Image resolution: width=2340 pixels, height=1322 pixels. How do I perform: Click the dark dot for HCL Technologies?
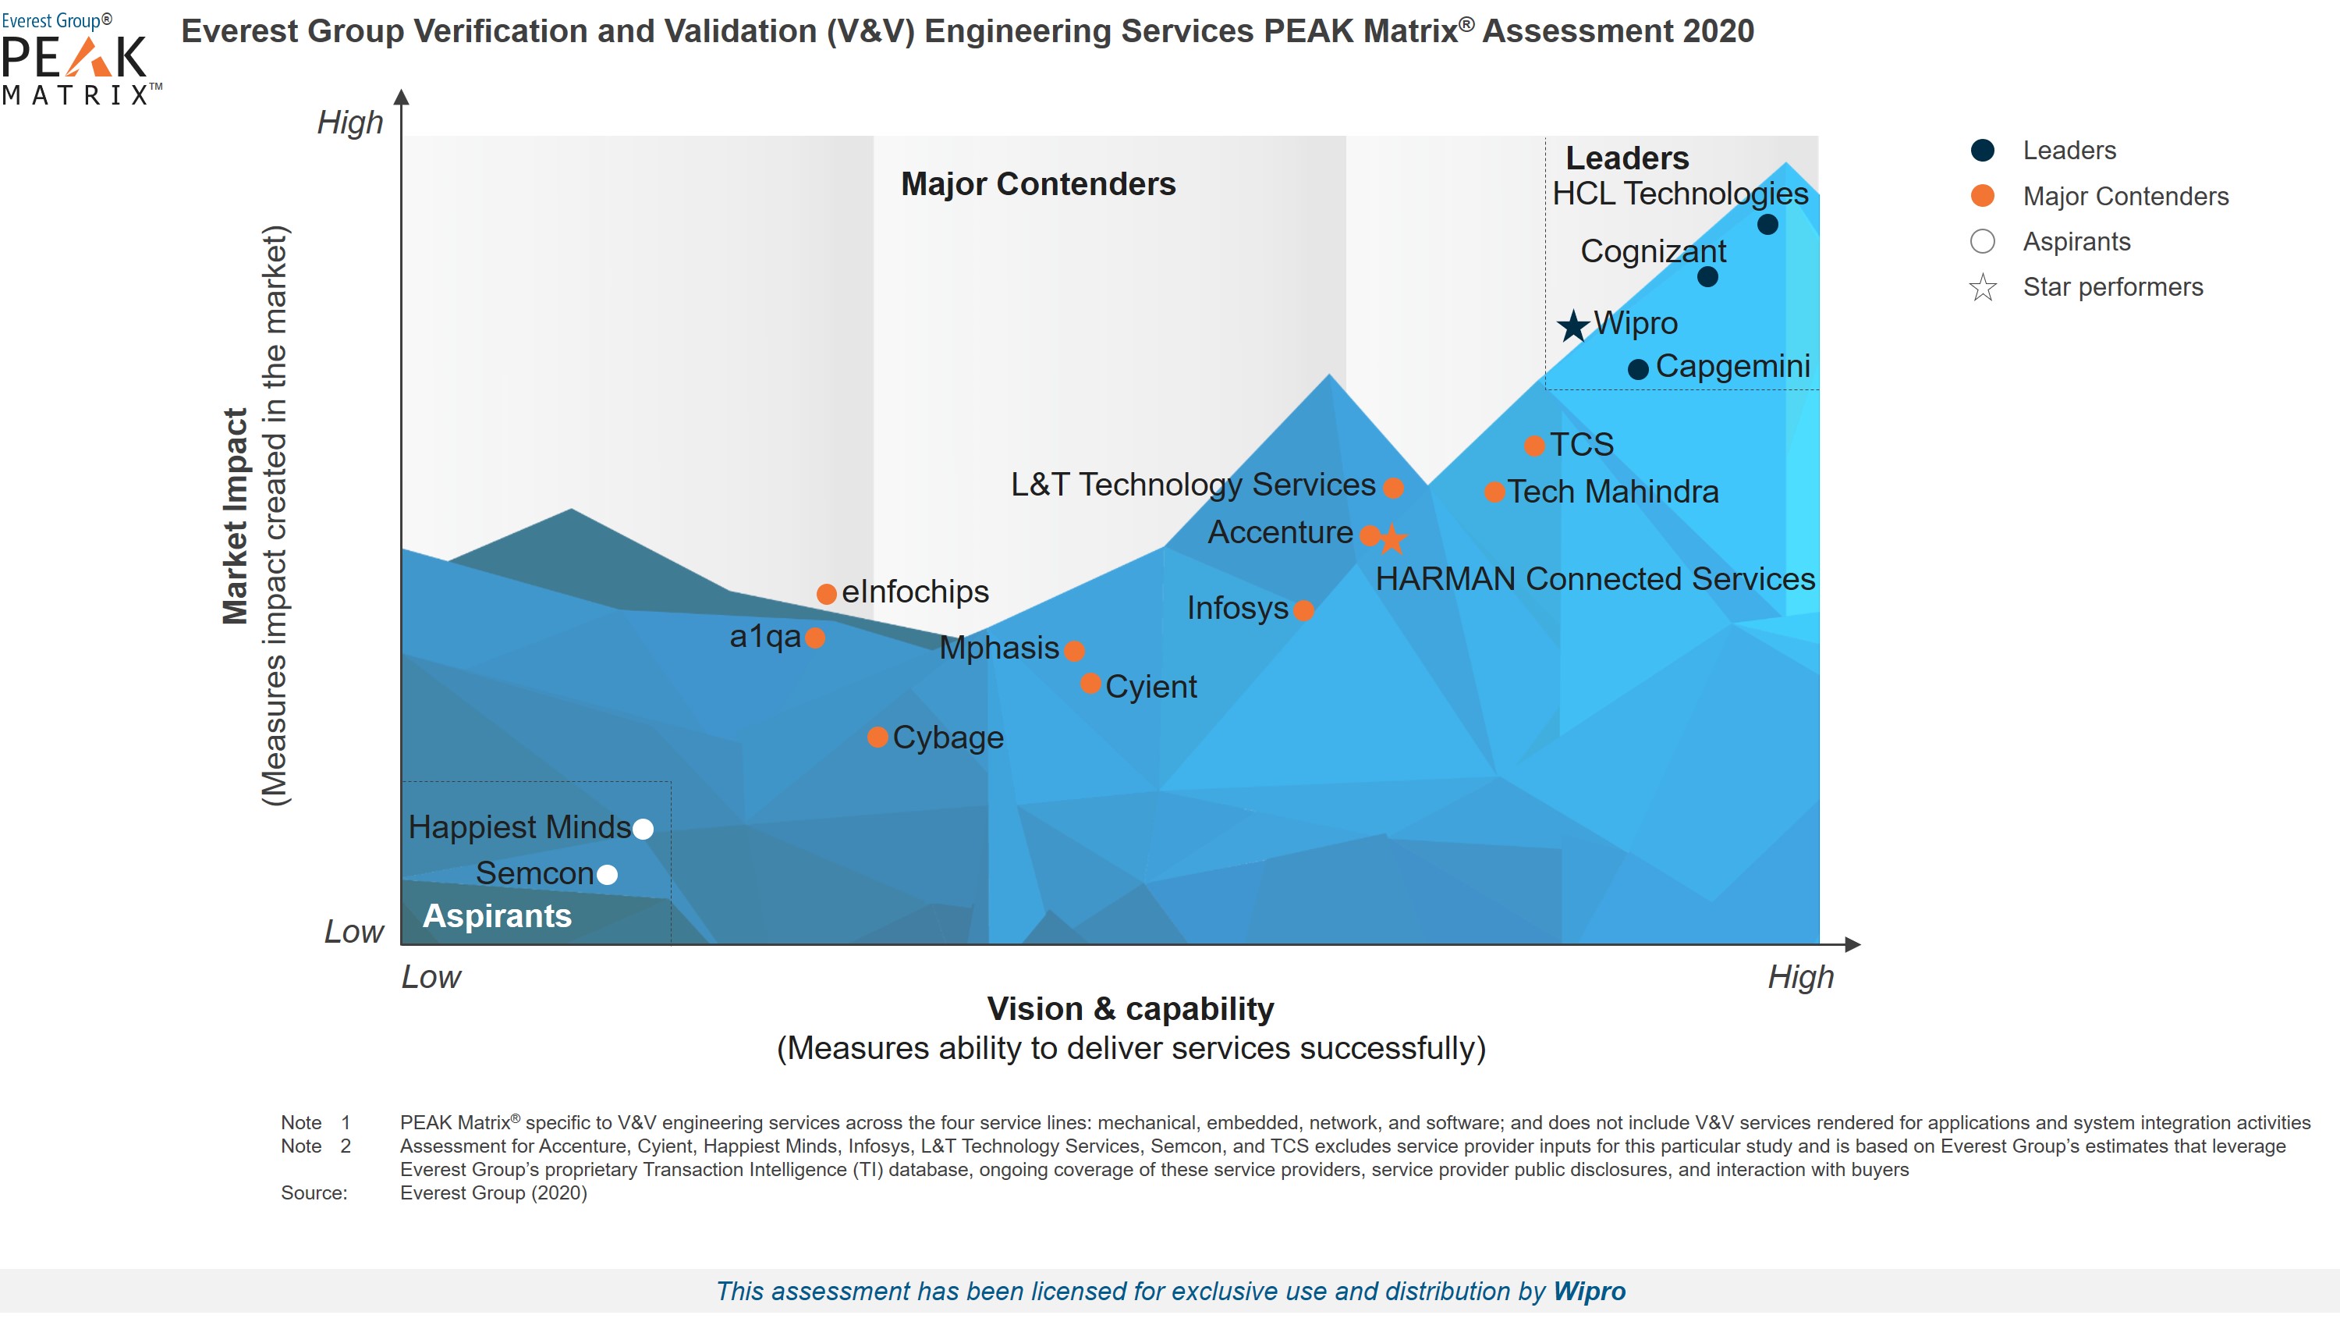tap(1767, 225)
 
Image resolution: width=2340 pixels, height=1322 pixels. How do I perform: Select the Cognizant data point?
tap(1707, 277)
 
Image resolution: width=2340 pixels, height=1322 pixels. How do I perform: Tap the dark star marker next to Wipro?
tap(1573, 325)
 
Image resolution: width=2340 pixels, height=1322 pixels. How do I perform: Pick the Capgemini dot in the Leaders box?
tap(1638, 369)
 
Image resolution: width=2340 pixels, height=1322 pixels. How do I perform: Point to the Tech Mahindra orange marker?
tap(1494, 492)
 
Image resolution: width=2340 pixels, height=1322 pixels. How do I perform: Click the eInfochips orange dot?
tap(826, 594)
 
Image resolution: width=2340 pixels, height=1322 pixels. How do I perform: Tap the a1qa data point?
tap(815, 638)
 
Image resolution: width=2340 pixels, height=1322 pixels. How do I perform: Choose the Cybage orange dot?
tap(877, 737)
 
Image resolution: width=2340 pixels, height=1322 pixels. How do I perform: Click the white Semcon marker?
tap(607, 874)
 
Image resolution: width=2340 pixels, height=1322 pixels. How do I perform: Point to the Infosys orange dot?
tap(1303, 609)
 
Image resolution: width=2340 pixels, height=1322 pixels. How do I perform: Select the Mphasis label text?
tap(998, 648)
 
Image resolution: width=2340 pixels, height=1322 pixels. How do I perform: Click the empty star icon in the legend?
tap(1982, 288)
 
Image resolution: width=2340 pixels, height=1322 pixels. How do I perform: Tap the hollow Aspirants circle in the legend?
tap(1982, 242)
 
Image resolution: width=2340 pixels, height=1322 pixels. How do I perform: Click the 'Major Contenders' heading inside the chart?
tap(1037, 184)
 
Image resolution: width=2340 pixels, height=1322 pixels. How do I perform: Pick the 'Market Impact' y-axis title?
tap(236, 515)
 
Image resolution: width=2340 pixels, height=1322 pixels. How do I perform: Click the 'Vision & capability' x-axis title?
tap(1130, 1008)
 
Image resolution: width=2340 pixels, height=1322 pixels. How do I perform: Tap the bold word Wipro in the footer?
tap(1589, 1291)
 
